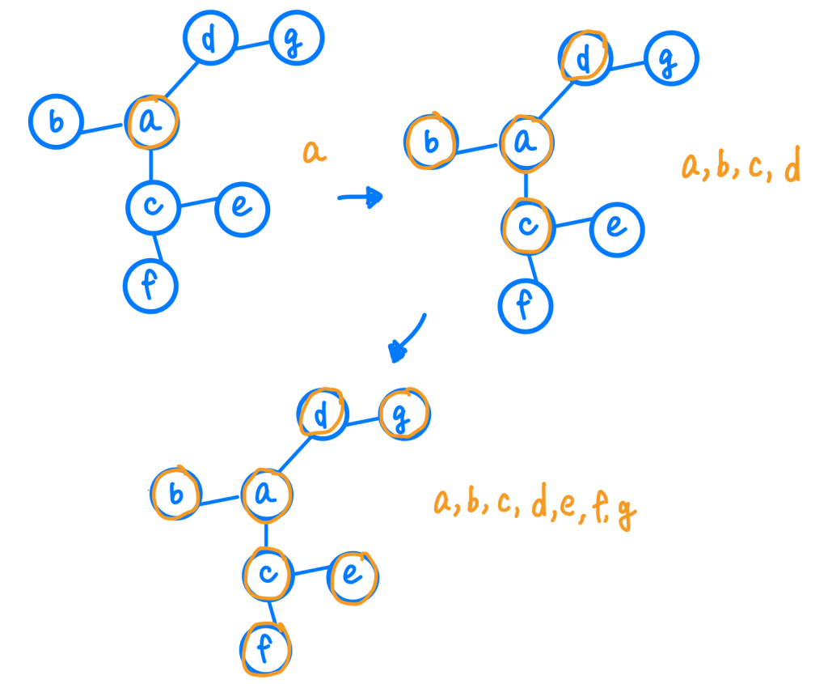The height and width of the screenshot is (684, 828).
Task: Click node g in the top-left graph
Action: tap(297, 40)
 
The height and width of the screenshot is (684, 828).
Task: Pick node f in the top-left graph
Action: tap(150, 285)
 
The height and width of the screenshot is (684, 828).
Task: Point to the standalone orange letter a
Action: tap(315, 151)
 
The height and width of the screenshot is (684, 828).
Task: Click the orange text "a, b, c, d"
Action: tap(741, 168)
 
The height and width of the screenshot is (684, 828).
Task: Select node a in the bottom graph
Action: tap(267, 495)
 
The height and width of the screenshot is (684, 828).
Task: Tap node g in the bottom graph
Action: tap(404, 414)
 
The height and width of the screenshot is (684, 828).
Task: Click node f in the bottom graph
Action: tap(267, 648)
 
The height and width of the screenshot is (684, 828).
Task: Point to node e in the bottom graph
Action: tap(353, 577)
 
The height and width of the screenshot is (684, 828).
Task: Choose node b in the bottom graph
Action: tap(175, 494)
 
